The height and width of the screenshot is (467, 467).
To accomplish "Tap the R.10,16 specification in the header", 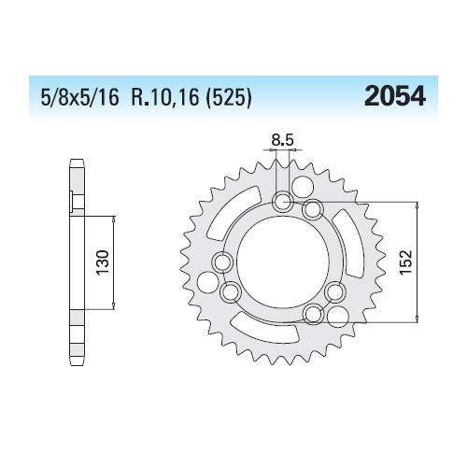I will point(171,99).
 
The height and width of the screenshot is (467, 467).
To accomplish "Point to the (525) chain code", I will point(228,99).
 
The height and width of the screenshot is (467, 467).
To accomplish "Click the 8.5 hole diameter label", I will point(281,144).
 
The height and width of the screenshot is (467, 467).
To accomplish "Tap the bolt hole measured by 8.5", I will point(283,200).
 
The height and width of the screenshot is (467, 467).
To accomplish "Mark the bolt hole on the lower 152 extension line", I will point(313,310).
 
